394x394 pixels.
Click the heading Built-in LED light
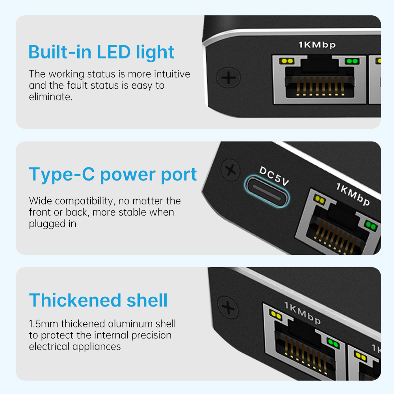[101, 52]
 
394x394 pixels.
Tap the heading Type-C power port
[113, 175]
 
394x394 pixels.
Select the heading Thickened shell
[98, 300]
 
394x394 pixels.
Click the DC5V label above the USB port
[274, 176]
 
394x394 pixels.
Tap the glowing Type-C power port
[267, 191]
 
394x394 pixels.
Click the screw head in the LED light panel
[229, 77]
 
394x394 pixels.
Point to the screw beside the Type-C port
[230, 170]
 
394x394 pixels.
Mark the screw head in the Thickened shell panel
[228, 307]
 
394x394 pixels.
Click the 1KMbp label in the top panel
[317, 45]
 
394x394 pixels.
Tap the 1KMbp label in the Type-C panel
[353, 194]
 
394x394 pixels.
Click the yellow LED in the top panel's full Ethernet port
[287, 61]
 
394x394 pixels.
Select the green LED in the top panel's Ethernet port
[352, 61]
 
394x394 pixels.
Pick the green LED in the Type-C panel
[371, 225]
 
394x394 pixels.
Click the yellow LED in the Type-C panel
[320, 199]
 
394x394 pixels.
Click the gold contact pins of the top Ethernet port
[320, 86]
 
